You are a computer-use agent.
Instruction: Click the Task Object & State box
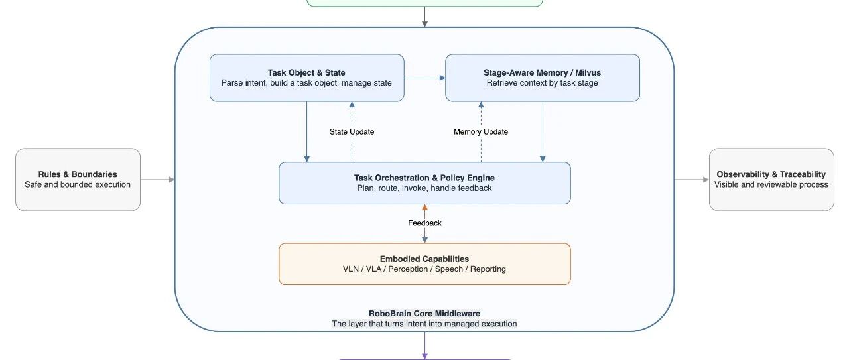306,78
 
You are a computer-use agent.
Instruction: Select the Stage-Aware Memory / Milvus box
543,78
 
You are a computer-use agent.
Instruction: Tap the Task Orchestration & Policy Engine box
424,183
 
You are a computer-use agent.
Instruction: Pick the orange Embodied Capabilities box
424,264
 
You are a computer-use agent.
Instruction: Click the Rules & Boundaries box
78,179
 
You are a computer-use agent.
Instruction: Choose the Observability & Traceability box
771,179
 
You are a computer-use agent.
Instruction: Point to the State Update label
352,132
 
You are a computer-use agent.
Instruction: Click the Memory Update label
481,132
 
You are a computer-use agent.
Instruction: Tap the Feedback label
424,223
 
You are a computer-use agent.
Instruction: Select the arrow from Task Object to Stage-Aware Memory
425,78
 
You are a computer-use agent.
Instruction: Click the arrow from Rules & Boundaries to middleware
157,179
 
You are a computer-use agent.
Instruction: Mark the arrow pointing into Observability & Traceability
692,179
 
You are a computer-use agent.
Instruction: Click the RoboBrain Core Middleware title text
424,314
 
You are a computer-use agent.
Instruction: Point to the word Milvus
588,72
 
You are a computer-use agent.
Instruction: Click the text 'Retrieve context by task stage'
543,83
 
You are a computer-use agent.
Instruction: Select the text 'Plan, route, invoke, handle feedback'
424,188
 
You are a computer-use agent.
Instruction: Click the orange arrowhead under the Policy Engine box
424,208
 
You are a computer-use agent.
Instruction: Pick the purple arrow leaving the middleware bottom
424,345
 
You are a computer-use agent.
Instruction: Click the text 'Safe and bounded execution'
78,184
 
